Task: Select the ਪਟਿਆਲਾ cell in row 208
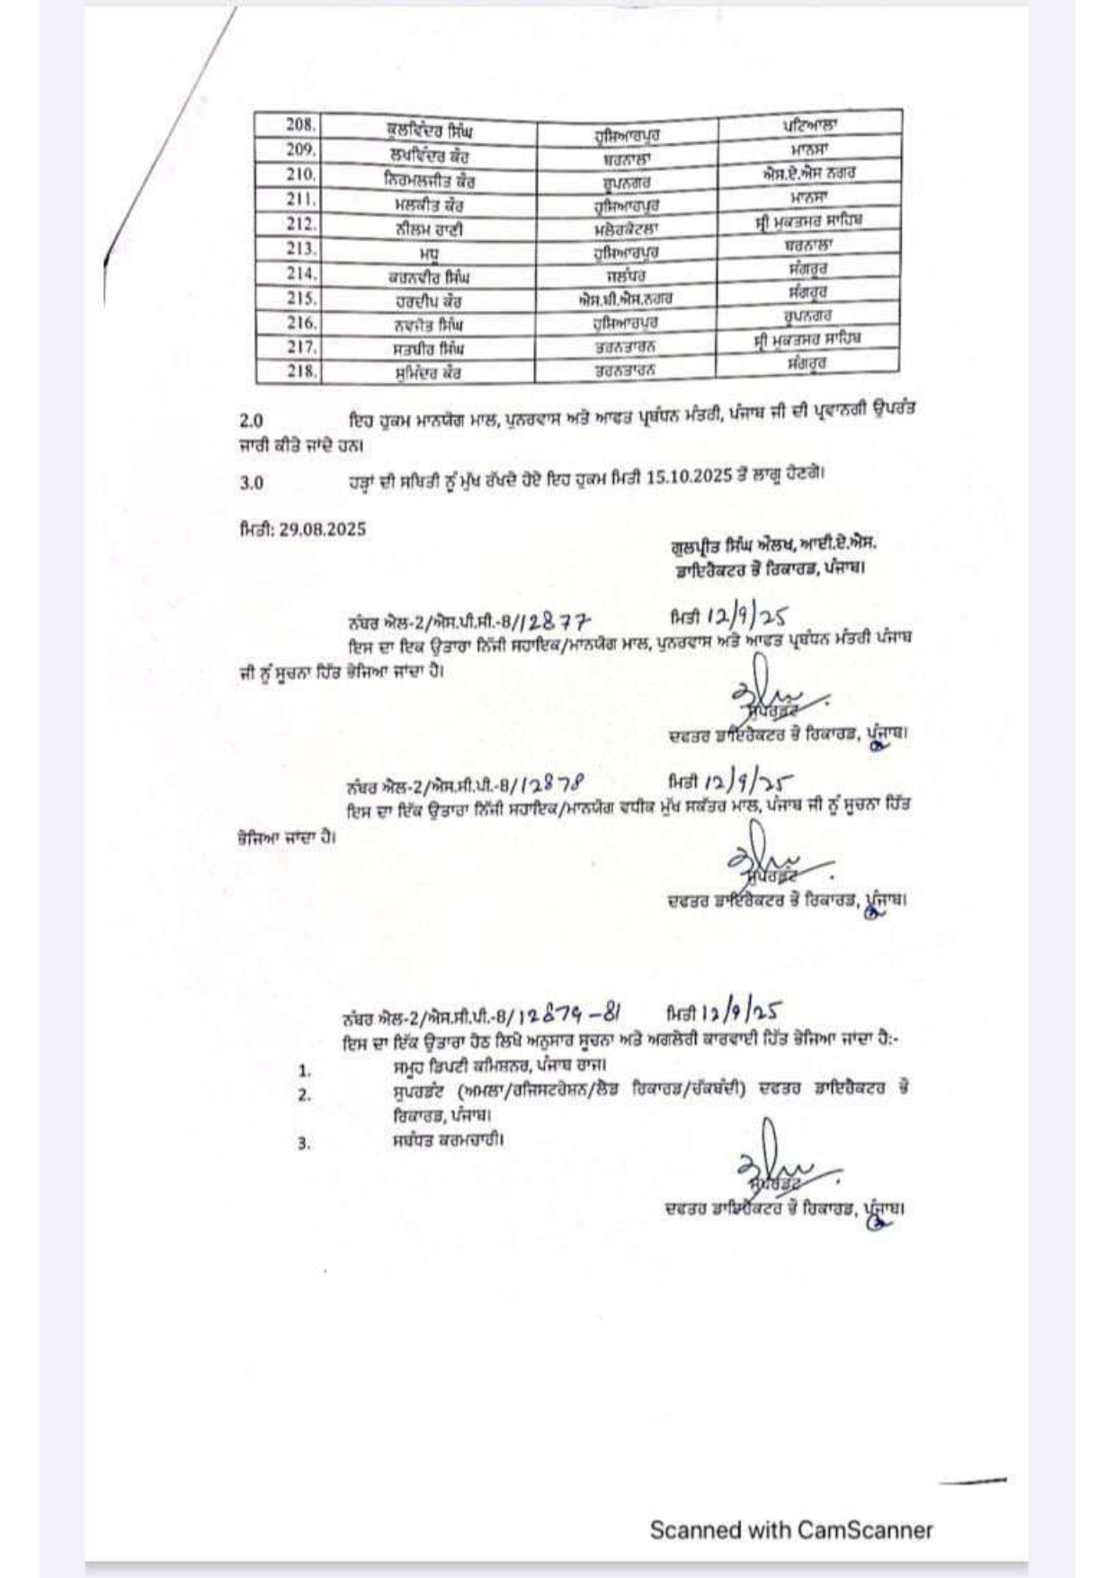(x=809, y=122)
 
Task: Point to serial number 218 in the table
(x=301, y=370)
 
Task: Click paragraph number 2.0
(x=252, y=420)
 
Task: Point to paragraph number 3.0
(x=252, y=483)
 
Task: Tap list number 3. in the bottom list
(x=304, y=1144)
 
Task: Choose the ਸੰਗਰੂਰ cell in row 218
(x=806, y=363)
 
